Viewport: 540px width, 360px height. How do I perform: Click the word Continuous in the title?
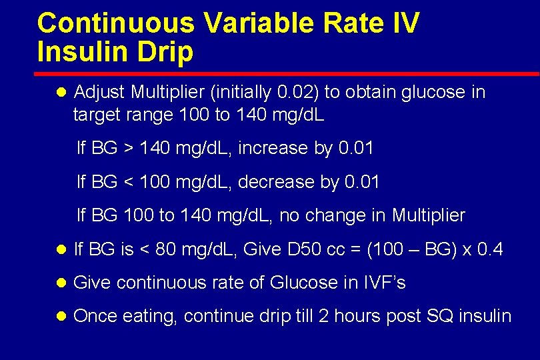(x=116, y=23)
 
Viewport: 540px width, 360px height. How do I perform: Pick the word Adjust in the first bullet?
(x=100, y=92)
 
